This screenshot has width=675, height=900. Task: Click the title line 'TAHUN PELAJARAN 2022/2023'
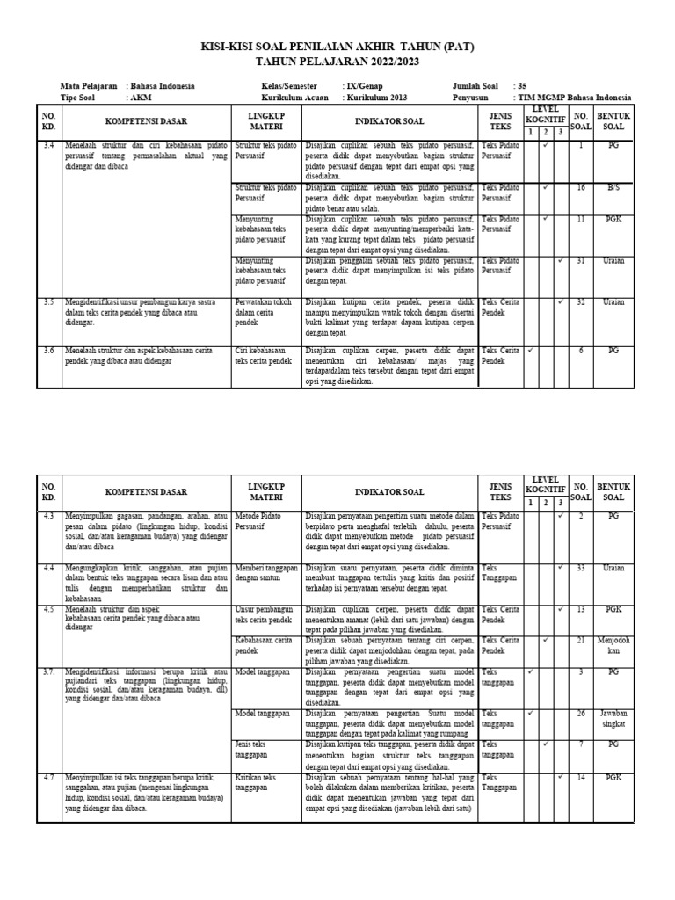coord(337,62)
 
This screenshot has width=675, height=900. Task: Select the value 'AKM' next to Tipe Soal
coord(139,98)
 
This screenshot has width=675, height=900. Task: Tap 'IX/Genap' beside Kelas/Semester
coord(364,86)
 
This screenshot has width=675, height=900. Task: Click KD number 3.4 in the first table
coord(48,143)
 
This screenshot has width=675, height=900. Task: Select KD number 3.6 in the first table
coord(48,350)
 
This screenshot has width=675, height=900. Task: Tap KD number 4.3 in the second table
coord(48,516)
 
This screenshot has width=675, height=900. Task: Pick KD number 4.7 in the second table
coord(48,778)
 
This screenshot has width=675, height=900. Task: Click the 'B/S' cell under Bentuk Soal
coord(613,188)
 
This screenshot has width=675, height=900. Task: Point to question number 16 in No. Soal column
coord(581,188)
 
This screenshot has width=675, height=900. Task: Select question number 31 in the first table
coord(581,260)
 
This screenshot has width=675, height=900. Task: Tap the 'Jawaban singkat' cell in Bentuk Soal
coord(613,718)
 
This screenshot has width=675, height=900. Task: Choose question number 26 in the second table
coord(581,713)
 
